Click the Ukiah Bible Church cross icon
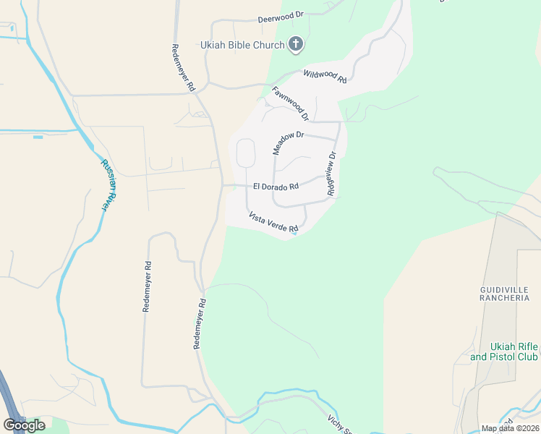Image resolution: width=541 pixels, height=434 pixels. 295,45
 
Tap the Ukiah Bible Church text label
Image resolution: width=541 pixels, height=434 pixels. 243,46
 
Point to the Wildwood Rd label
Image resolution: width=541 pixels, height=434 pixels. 325,76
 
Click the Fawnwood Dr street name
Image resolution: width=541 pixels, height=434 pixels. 291,103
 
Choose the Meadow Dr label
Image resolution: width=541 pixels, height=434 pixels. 289,142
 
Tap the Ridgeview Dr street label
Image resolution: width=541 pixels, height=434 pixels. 332,174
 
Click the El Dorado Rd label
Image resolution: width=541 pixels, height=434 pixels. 276,187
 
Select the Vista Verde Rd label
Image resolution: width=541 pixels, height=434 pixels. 273,222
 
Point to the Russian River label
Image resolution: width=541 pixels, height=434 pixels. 106,185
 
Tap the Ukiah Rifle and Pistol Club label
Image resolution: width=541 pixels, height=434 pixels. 504,352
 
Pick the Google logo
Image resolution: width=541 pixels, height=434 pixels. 24,425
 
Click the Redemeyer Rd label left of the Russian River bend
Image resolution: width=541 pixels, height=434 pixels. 148,286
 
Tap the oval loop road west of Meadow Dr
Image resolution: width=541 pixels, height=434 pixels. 245,153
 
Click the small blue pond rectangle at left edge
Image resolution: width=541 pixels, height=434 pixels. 38,137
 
